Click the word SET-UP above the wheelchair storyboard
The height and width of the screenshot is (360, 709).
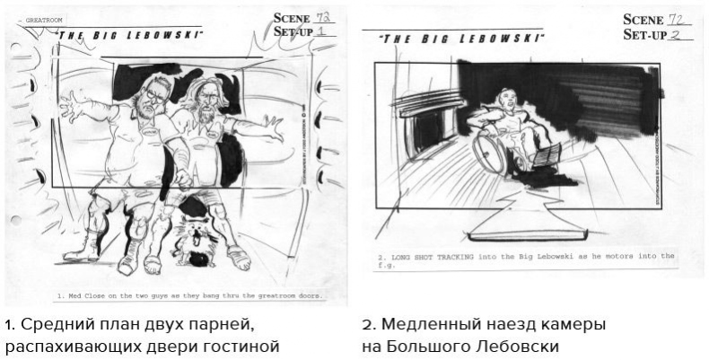coord(644,34)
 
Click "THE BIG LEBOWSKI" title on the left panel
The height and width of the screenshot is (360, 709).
coord(129,34)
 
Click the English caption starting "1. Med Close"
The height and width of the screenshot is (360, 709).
coord(189,295)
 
